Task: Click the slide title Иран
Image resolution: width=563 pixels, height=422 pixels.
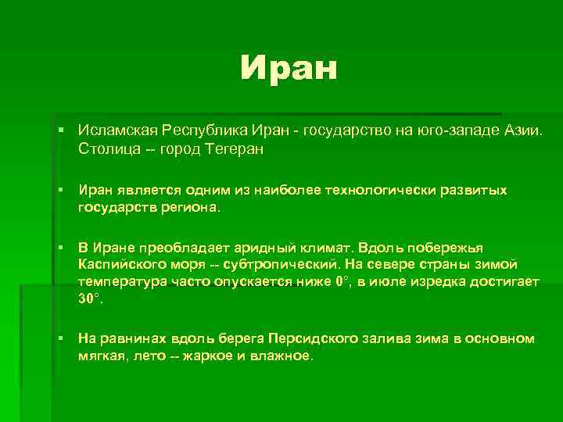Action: [289, 68]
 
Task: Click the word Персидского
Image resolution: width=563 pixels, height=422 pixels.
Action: [307, 338]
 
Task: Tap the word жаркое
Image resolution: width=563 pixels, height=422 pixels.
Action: [206, 356]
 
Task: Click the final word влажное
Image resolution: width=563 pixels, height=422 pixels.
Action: [285, 356]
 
